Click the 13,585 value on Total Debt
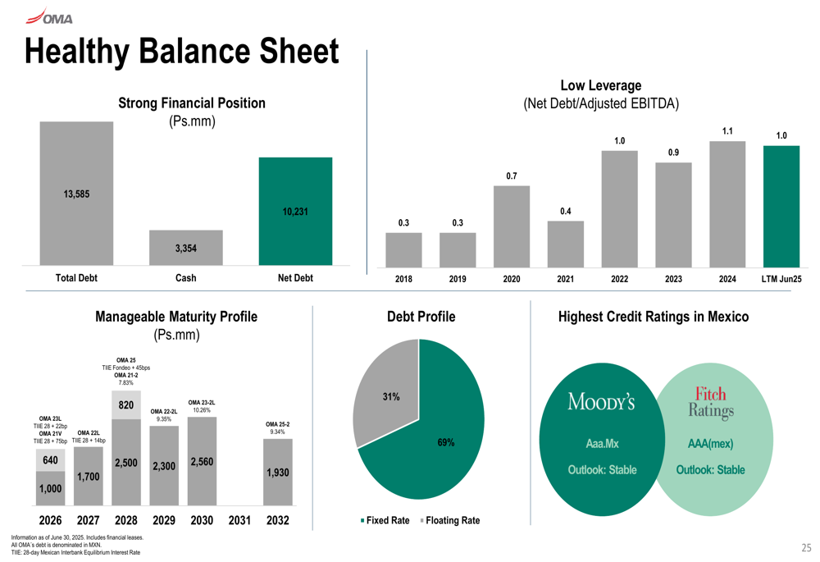click(76, 194)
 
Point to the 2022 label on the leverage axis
click(619, 279)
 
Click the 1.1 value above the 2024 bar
click(727, 130)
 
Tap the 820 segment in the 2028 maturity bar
click(126, 404)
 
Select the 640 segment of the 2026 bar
click(50, 461)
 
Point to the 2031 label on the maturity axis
click(239, 520)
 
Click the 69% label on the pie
click(446, 443)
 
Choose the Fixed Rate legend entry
click(385, 521)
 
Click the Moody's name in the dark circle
click(602, 403)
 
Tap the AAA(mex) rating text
click(710, 444)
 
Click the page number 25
click(806, 547)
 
